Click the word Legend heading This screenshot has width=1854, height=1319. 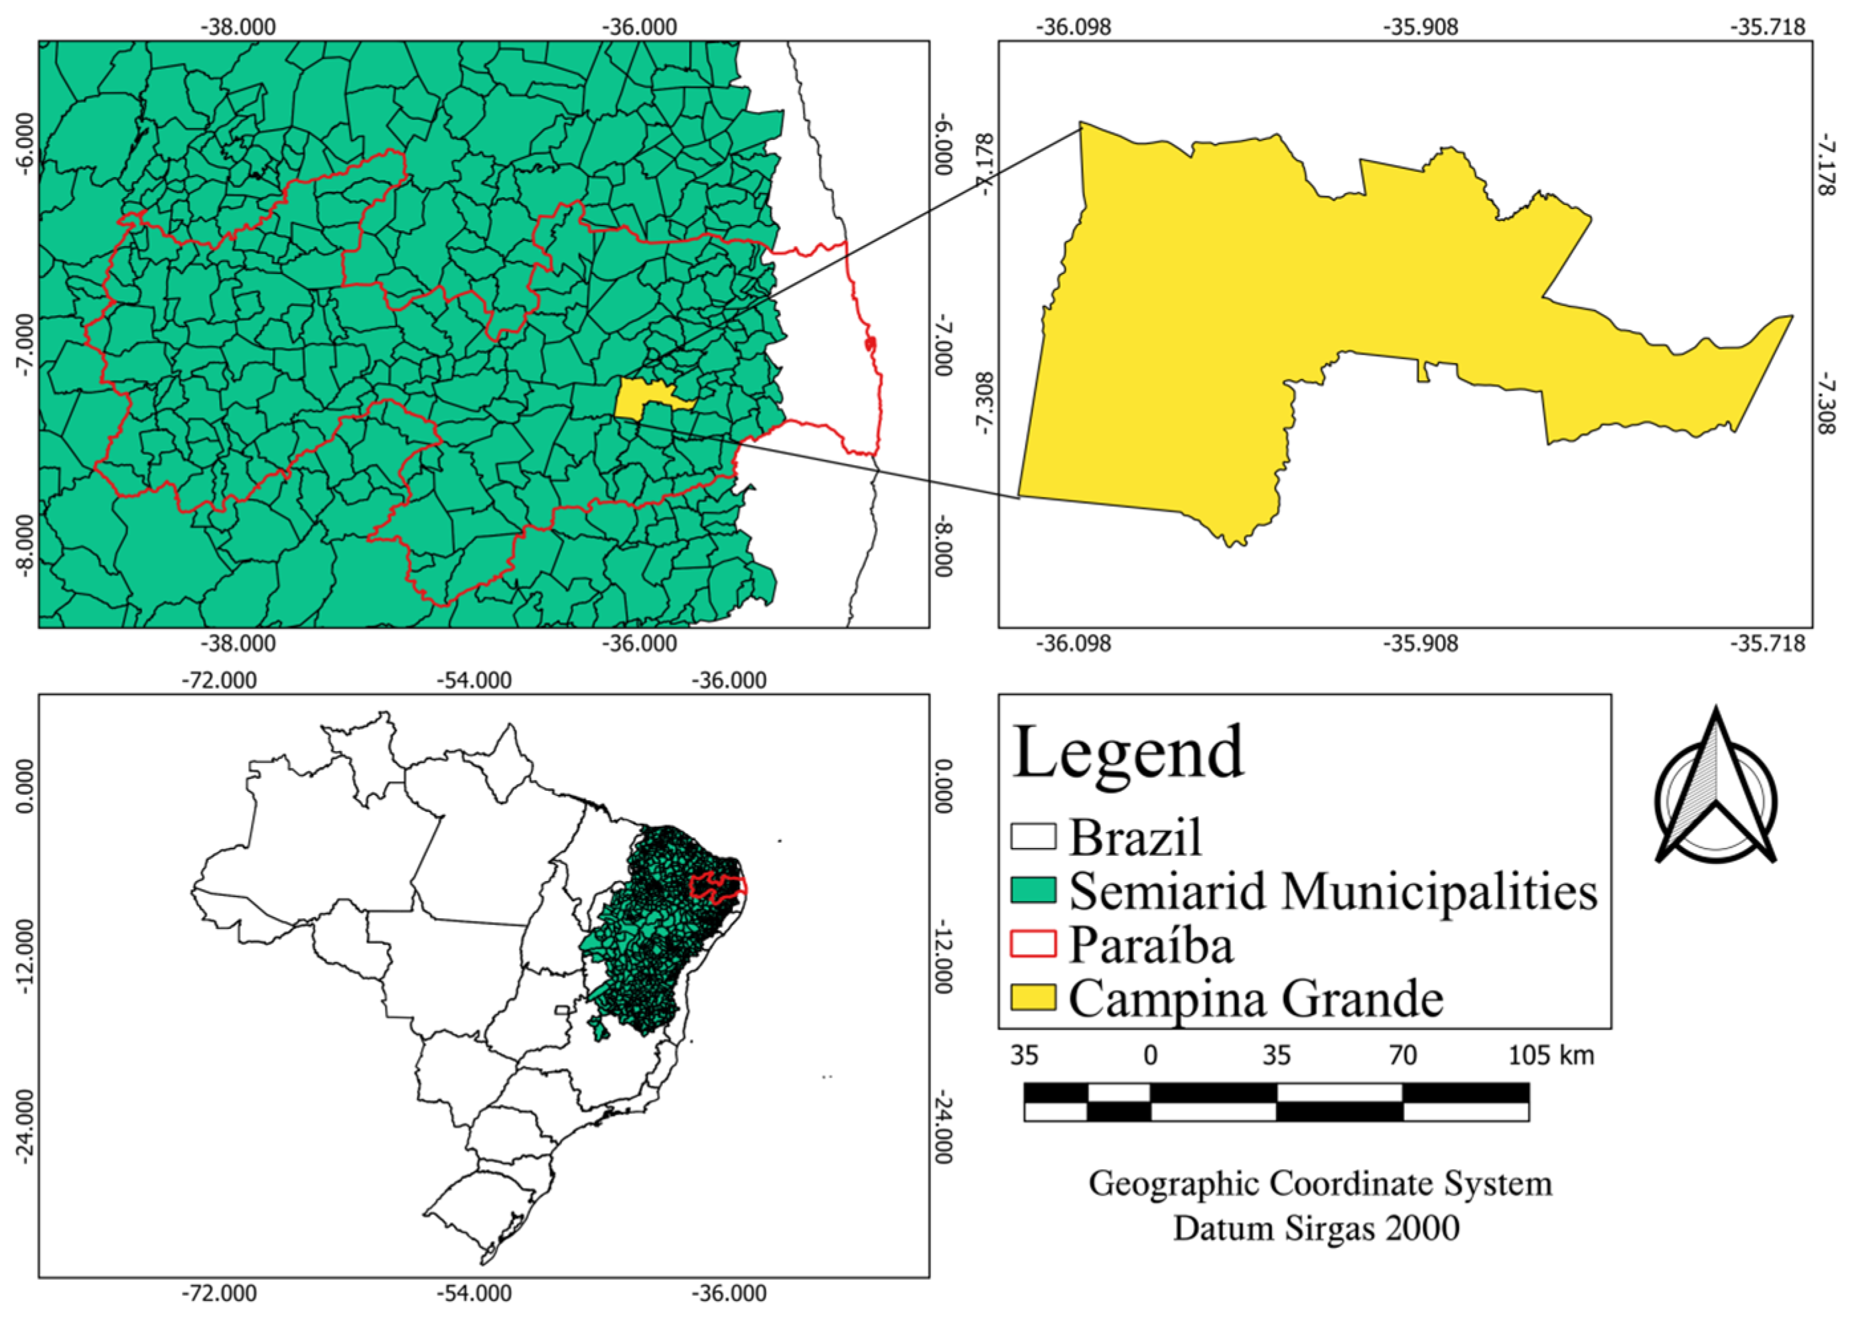coord(1128,754)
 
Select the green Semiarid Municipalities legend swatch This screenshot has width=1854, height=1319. coord(1033,890)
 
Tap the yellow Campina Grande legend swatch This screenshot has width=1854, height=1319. coord(1033,997)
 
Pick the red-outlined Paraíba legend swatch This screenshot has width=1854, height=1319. coord(1033,943)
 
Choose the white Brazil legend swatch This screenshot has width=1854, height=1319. coord(1033,837)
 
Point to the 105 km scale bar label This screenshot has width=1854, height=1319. coord(1551,1055)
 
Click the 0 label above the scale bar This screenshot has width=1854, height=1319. coord(1150,1055)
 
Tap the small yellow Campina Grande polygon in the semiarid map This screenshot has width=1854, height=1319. coord(642,399)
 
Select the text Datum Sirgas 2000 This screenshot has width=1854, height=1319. coord(1317,1228)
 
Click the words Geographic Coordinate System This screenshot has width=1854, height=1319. coord(1320,1184)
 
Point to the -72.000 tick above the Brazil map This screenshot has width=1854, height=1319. coord(218,680)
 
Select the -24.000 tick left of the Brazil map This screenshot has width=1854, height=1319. coord(25,1127)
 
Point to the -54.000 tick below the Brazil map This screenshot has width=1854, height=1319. coord(474,1293)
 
